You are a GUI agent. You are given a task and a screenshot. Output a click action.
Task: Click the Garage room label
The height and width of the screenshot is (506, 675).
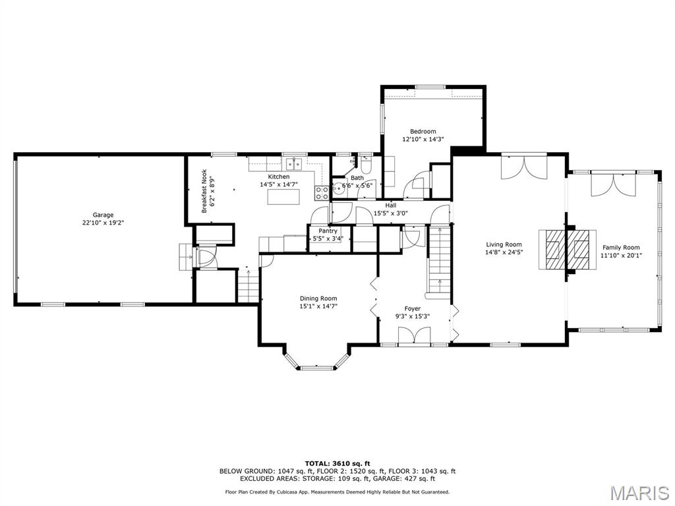tap(103, 215)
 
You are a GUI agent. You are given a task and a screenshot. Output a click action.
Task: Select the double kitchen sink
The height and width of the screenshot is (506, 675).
tap(293, 162)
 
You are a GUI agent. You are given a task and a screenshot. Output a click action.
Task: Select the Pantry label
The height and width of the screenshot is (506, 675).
tap(328, 231)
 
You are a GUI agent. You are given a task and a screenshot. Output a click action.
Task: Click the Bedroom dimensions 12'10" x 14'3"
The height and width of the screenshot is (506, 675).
tap(423, 139)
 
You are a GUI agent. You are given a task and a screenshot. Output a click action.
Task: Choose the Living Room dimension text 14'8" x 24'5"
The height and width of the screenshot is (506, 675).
tap(504, 252)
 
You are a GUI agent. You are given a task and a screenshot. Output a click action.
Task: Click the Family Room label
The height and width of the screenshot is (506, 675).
tap(621, 248)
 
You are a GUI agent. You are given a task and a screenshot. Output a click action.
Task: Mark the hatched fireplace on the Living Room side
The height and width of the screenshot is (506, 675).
tap(552, 250)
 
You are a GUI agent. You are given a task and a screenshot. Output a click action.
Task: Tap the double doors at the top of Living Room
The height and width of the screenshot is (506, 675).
tap(524, 167)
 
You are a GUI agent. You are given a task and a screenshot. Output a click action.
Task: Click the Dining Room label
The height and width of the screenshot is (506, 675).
tap(318, 298)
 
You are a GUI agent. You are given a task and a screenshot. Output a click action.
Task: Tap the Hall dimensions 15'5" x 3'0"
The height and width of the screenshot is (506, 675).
tap(391, 213)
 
